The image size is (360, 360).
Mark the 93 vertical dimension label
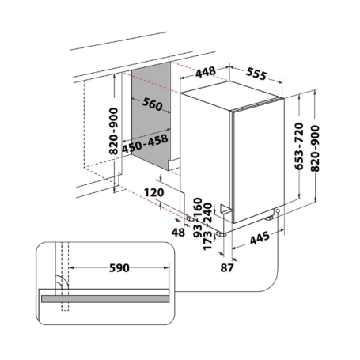[x=197, y=230]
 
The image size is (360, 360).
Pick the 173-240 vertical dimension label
[x=208, y=223]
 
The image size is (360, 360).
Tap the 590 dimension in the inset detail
[x=119, y=268]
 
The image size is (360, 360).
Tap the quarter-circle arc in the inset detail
[x=58, y=285]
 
